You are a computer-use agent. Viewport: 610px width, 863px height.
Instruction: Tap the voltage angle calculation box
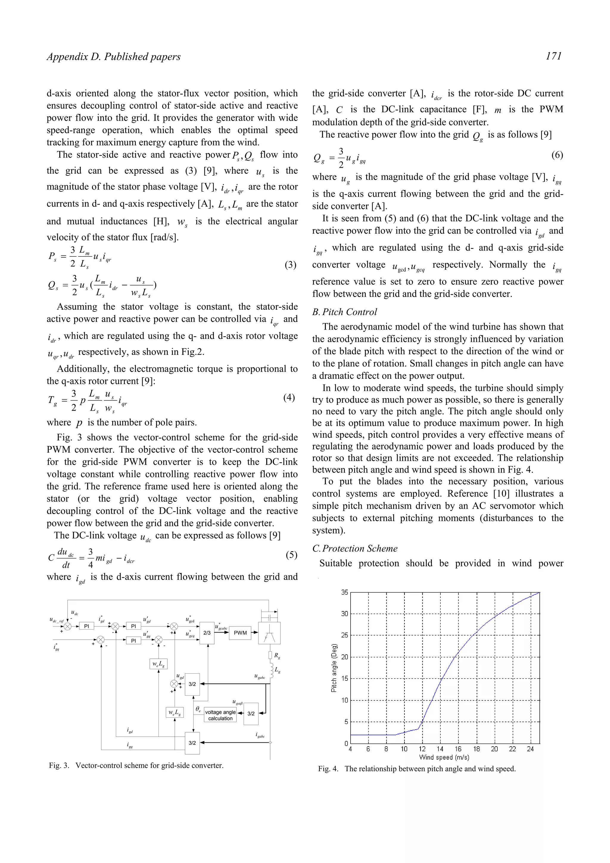[x=220, y=715]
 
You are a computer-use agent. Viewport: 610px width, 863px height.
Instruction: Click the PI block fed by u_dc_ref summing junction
[x=86, y=626]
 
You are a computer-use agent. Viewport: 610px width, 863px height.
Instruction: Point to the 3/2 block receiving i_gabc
[x=192, y=743]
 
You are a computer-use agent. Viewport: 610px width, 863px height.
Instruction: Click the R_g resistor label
[x=277, y=655]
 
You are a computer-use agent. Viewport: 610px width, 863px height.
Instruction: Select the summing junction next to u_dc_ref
[x=68, y=626]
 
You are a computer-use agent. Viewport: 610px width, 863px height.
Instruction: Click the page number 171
[x=554, y=56]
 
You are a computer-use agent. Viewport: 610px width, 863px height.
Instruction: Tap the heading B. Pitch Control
[x=344, y=312]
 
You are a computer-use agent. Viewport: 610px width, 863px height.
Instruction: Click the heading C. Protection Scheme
[x=354, y=549]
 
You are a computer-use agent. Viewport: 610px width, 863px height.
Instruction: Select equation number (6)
[x=557, y=155]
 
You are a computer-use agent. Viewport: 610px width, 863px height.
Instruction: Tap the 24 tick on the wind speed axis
[x=530, y=749]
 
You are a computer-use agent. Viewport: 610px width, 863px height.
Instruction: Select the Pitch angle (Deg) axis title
[x=334, y=668]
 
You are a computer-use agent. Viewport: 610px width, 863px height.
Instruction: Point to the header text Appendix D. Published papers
[x=113, y=57]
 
